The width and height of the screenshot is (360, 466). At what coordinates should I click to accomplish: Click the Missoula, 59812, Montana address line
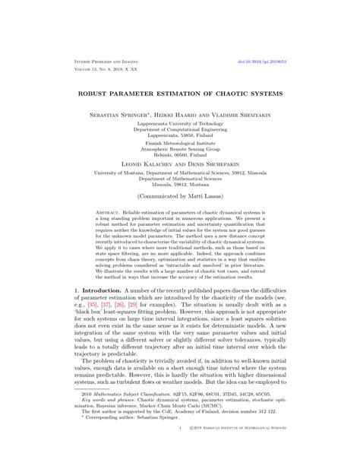180,185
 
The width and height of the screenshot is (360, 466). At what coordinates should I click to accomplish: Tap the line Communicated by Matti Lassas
180,204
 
